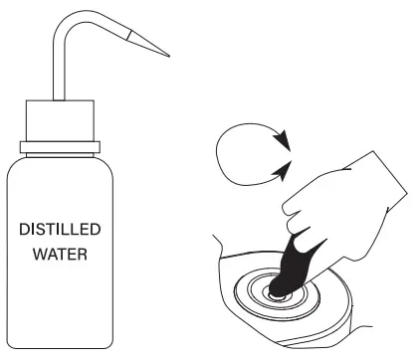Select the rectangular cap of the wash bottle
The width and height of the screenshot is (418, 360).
pyautogui.click(x=62, y=122)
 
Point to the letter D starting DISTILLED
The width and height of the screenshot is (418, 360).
pyautogui.click(x=25, y=230)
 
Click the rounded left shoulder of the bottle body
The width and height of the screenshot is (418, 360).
pyautogui.click(x=14, y=169)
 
